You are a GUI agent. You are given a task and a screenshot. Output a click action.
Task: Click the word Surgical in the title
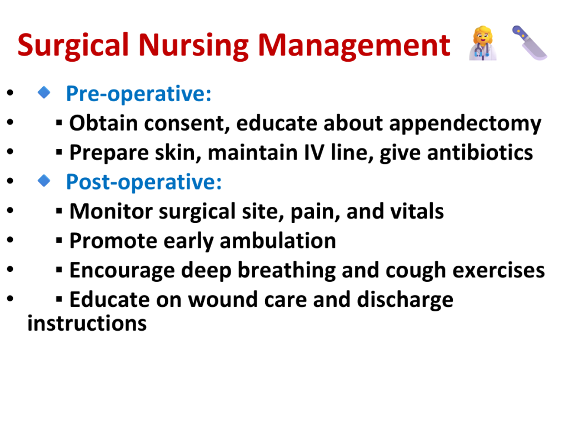73,46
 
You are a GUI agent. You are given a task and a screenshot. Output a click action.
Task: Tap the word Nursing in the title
193,46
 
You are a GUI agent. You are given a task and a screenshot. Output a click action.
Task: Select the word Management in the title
354,45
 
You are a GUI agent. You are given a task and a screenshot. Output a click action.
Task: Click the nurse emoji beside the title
483,43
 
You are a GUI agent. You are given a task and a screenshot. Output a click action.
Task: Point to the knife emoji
530,43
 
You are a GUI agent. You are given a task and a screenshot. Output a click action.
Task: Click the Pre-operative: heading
138,94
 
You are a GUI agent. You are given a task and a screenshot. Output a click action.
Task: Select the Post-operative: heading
144,182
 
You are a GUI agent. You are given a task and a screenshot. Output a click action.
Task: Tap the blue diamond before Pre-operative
44,92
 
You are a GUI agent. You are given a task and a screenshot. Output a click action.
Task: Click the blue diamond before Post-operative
44,181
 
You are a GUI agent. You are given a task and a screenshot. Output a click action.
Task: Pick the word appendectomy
465,124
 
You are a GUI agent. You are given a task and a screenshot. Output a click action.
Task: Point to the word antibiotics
480,152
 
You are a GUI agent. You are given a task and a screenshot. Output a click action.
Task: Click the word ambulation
278,241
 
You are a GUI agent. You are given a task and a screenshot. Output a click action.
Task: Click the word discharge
405,300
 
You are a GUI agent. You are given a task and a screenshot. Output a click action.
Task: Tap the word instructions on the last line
87,324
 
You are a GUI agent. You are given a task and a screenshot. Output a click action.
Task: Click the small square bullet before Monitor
59,211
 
